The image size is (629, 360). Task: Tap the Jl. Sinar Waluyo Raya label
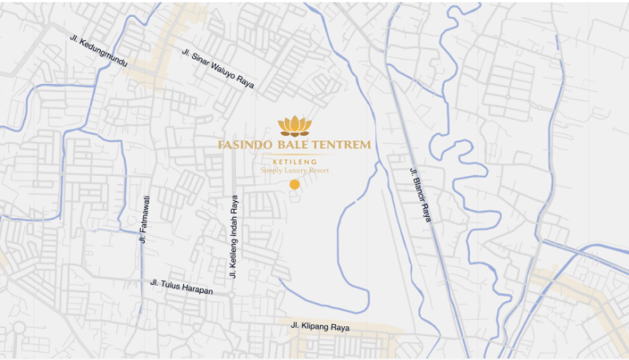point(218,70)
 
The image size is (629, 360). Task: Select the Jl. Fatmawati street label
point(144,218)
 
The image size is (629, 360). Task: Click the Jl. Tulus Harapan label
point(182,286)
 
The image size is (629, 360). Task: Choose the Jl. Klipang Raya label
point(320,326)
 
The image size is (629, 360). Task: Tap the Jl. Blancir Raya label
point(420,194)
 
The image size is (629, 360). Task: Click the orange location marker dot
point(294,185)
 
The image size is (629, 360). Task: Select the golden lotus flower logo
point(294,126)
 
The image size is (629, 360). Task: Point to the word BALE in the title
point(301,145)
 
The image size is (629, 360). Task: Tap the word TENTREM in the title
point(345,145)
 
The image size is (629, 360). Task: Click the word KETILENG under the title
point(294,162)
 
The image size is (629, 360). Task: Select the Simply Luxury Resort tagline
point(294,170)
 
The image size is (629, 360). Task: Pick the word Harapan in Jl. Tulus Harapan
point(196,289)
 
